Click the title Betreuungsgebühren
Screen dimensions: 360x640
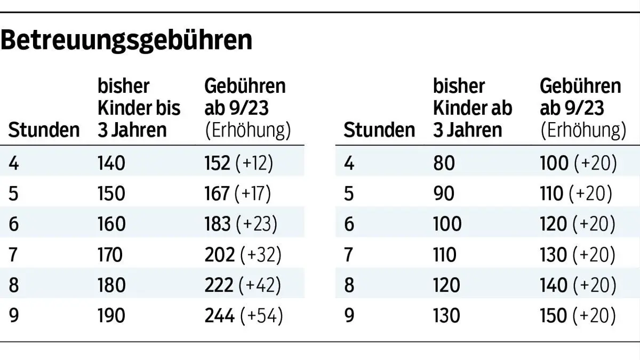pos(126,40)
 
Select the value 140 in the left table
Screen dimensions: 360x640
pos(111,163)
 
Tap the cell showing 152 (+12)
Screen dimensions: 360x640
pos(238,163)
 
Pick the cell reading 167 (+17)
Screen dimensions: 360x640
pos(238,194)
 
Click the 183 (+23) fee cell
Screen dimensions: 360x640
pos(241,224)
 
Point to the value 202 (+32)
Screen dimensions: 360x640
pos(243,255)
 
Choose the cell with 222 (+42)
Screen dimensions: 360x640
pos(243,285)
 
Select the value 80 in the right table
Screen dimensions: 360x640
pos(444,163)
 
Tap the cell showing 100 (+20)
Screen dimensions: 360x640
pos(578,163)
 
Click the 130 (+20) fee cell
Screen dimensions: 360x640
pos(578,255)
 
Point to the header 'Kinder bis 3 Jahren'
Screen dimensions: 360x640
pos(139,108)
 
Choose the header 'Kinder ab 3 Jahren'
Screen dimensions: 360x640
pos(473,108)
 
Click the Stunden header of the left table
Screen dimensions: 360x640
pos(44,130)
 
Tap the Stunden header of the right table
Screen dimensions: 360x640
pos(379,130)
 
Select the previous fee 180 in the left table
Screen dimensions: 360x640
pos(111,285)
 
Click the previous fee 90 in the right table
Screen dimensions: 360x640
pos(444,194)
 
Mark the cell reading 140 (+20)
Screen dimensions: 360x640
pos(578,285)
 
